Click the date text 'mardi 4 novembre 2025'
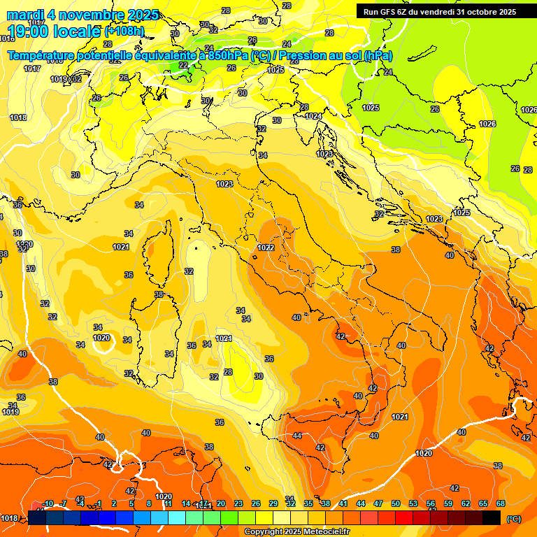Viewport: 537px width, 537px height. coord(83,15)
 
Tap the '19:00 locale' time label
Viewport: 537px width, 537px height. coord(55,31)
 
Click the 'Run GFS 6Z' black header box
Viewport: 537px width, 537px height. coord(440,12)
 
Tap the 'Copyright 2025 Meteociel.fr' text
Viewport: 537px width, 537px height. coord(296,531)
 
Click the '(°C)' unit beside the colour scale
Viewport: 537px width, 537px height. coord(513,519)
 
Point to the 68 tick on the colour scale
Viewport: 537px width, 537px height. coord(501,503)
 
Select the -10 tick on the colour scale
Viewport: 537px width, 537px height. coord(48,503)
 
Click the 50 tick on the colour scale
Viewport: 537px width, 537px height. coord(396,503)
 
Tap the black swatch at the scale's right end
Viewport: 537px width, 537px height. coord(492,517)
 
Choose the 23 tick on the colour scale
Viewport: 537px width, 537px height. coord(238,503)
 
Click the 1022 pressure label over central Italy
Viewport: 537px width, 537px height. coord(265,248)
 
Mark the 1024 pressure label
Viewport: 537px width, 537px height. coord(313,116)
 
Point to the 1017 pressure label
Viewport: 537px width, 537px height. coord(31,69)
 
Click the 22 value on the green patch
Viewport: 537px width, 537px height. coord(183,65)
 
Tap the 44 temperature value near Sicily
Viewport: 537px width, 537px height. coord(297,436)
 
